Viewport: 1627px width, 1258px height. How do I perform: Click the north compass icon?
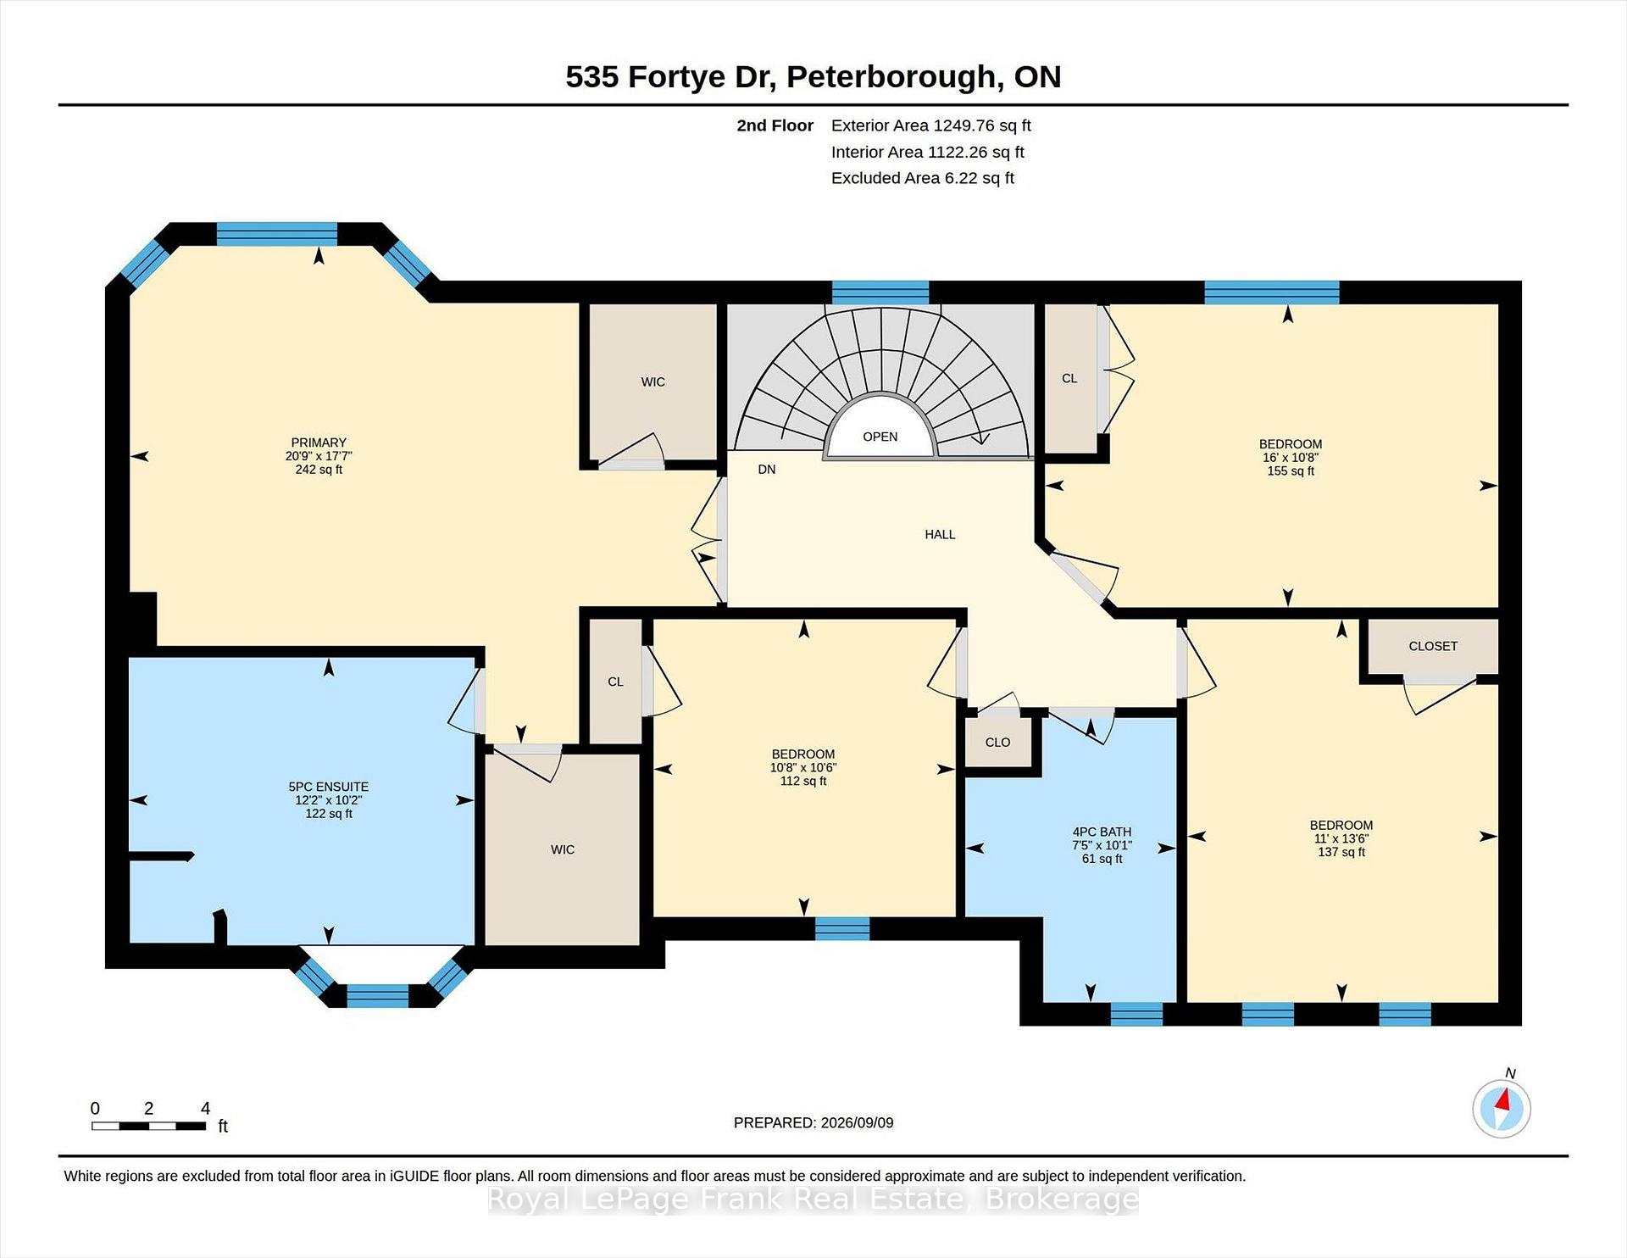click(x=1502, y=1107)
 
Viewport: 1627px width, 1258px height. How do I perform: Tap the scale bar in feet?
click(x=149, y=1126)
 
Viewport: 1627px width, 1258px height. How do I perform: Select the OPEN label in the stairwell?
click(x=880, y=437)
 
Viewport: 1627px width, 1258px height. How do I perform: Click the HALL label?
click(x=940, y=534)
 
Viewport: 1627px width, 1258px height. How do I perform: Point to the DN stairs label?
click(x=767, y=469)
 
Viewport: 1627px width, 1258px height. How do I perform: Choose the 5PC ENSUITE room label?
click(x=329, y=787)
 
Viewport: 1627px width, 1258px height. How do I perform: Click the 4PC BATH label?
click(x=1102, y=832)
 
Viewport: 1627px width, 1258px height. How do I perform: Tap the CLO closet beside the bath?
click(x=997, y=742)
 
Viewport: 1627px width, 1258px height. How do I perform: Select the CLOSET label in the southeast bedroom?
click(x=1433, y=646)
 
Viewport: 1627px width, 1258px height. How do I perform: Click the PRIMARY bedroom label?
click(x=319, y=443)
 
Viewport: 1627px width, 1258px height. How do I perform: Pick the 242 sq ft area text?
click(x=319, y=470)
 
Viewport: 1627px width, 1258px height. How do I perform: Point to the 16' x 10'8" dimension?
click(x=1290, y=458)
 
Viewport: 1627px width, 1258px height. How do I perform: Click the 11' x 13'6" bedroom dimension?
click(x=1341, y=838)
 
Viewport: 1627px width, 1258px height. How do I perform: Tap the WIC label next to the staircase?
click(x=652, y=381)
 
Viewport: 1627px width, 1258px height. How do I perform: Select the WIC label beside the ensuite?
click(x=563, y=849)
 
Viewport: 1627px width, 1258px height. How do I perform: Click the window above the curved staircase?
click(x=880, y=292)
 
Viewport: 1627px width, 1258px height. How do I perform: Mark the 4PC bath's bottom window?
click(x=1136, y=1014)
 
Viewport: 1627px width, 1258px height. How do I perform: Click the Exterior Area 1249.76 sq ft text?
click(x=930, y=125)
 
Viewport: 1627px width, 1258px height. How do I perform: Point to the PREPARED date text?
click(x=813, y=1122)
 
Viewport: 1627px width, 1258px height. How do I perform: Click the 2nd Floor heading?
click(x=775, y=125)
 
